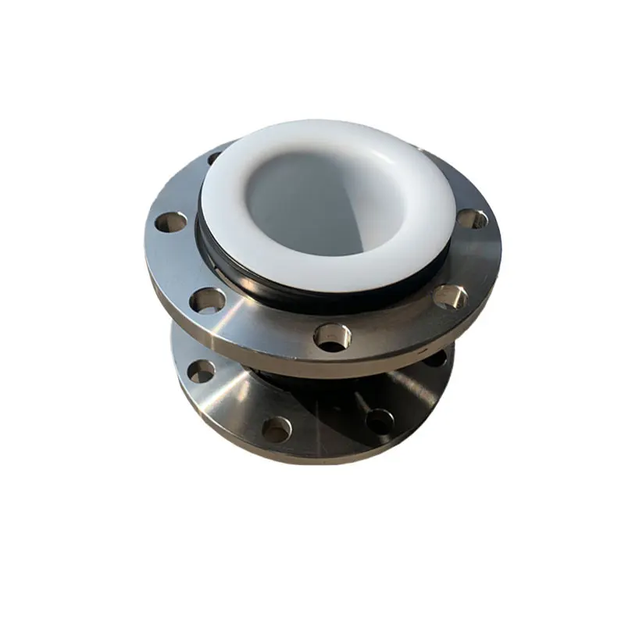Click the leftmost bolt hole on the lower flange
coord(201,370)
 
